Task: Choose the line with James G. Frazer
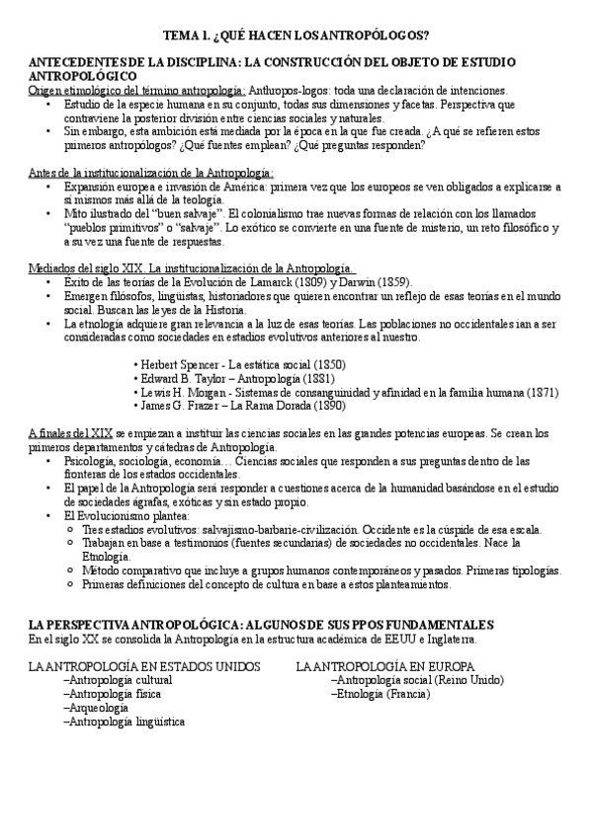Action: [243, 406]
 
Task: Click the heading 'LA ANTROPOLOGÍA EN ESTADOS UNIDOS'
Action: [144, 666]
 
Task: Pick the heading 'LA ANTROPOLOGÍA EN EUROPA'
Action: [385, 666]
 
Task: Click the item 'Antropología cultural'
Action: [117, 680]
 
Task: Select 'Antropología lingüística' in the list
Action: [123, 722]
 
